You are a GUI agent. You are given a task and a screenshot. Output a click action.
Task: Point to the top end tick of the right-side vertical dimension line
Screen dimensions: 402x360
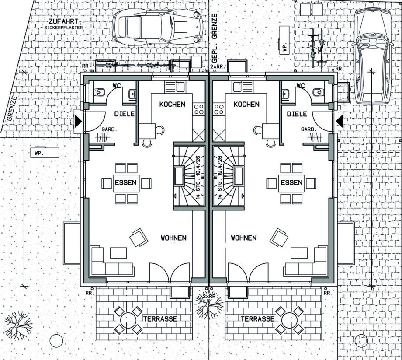(371, 71)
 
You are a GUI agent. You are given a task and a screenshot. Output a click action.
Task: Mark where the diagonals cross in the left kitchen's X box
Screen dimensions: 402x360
(199, 135)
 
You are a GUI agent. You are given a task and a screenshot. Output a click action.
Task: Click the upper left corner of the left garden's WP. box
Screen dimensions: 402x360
(30, 148)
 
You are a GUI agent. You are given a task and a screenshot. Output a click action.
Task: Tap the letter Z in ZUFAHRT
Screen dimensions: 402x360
(51, 22)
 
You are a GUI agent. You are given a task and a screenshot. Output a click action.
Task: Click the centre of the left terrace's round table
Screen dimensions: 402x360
(128, 321)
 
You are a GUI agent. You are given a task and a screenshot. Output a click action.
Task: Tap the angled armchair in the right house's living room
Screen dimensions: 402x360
(279, 238)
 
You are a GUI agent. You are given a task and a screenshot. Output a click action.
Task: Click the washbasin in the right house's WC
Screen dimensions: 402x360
(285, 94)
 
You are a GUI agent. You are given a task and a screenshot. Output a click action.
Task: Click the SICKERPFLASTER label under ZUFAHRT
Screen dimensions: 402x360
(64, 28)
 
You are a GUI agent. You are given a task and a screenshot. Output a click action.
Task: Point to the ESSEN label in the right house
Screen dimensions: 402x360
(291, 183)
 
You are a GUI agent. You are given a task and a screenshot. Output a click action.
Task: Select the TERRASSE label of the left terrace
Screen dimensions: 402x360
(160, 319)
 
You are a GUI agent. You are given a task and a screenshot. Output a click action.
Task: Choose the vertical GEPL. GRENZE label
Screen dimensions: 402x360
(215, 38)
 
